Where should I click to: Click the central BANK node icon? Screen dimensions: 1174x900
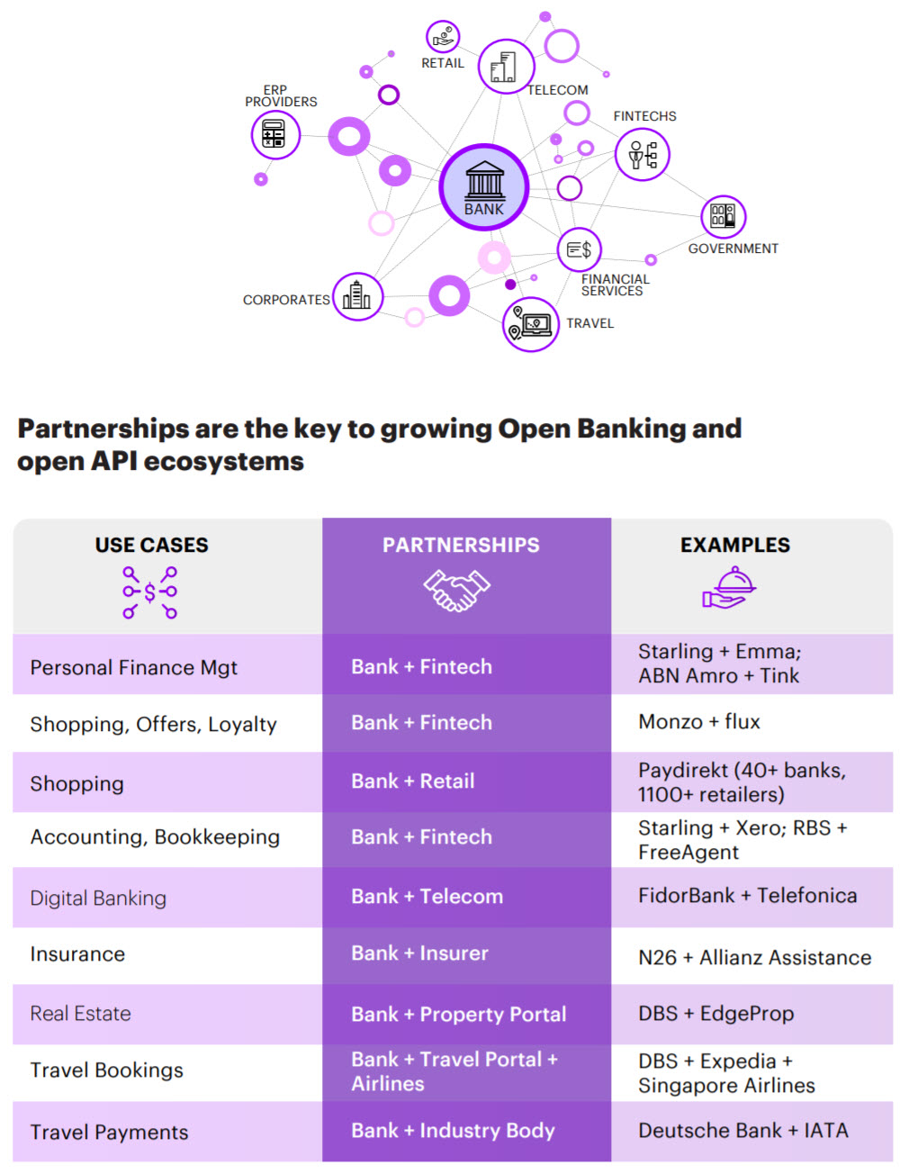(484, 186)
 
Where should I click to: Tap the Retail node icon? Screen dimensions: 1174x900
(443, 37)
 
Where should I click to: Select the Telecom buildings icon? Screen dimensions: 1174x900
(506, 67)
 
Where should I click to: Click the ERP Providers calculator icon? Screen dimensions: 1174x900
(274, 134)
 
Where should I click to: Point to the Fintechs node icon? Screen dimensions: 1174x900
(643, 154)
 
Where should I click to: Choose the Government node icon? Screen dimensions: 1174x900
(723, 216)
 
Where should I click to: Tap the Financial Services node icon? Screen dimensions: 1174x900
(579, 249)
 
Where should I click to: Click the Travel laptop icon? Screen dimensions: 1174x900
(530, 324)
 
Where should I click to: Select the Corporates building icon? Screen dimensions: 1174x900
(357, 296)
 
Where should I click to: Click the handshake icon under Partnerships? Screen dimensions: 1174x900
(457, 591)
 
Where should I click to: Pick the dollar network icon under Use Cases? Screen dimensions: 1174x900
(150, 592)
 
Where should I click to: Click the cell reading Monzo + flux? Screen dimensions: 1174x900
(699, 722)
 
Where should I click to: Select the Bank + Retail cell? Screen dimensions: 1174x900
(413, 781)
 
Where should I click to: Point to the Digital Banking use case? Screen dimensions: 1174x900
(98, 898)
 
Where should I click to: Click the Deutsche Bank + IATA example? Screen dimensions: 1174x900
(743, 1131)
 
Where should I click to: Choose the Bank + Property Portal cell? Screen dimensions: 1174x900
(459, 1015)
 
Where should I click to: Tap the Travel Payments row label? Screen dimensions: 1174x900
(109, 1133)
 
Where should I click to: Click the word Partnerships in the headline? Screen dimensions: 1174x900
(103, 429)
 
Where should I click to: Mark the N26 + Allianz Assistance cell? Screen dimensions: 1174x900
(755, 958)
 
